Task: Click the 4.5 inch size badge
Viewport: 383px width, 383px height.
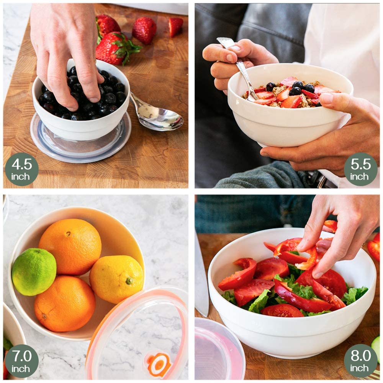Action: pos(22,169)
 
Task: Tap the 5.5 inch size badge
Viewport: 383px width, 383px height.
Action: pos(361,169)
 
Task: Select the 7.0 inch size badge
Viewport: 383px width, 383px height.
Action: pos(22,361)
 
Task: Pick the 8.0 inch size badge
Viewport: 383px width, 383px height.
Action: pos(361,361)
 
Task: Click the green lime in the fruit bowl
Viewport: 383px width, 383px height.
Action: pos(34,272)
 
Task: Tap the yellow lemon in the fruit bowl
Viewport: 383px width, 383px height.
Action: pos(116,279)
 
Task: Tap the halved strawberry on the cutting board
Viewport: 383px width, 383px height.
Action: pos(175,26)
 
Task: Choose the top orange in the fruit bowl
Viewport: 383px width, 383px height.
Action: pos(70,247)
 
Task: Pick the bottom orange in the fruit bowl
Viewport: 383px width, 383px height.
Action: pos(65,304)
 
